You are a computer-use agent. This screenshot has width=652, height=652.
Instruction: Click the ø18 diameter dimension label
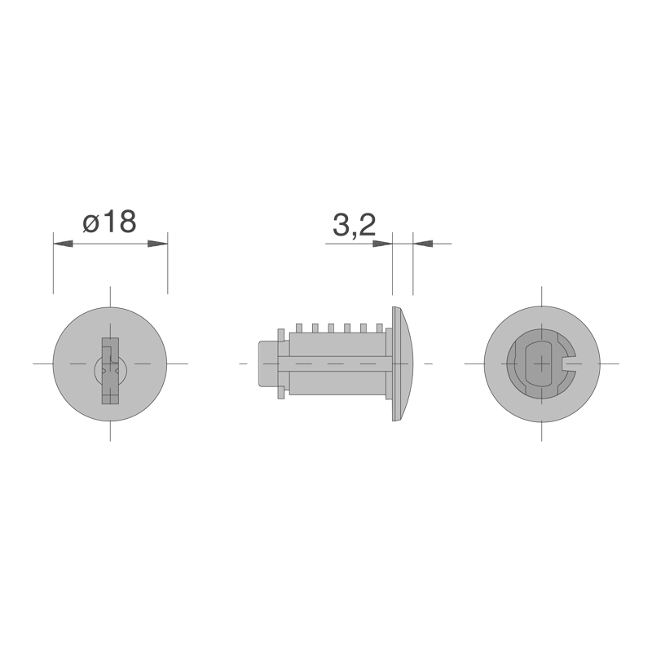coord(110,222)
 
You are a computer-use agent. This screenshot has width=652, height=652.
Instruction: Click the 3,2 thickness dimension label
coord(355,226)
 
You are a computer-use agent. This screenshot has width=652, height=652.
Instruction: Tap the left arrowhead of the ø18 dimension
coord(64,244)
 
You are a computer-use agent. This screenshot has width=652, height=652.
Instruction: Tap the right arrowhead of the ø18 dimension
coord(157,244)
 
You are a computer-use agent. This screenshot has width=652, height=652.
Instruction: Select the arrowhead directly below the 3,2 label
coord(382,244)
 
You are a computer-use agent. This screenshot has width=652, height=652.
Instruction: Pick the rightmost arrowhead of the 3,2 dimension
coord(423,244)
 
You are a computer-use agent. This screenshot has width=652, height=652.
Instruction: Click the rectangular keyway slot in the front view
coord(110,371)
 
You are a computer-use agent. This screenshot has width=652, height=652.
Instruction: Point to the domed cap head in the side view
coord(403,363)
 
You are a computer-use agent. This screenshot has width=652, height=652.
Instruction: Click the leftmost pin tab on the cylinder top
coord(298,328)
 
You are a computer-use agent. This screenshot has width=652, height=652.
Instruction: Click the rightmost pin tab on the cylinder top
coord(379,328)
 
